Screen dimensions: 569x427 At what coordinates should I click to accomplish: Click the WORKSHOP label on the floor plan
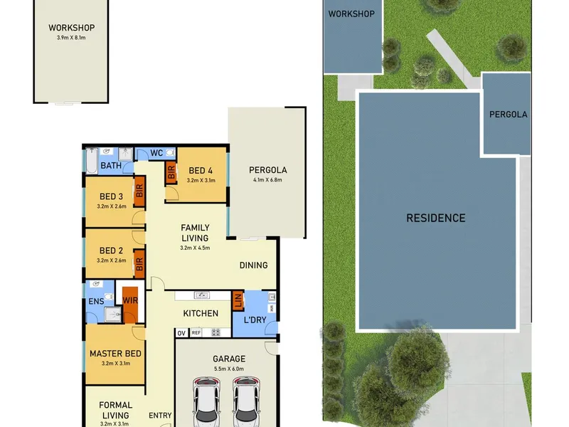72,28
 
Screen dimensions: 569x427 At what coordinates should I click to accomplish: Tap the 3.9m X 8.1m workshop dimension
71,38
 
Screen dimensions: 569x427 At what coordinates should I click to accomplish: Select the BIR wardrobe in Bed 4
171,172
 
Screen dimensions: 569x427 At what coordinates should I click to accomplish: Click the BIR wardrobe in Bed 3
139,191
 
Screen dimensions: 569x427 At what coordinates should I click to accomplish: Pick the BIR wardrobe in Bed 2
139,264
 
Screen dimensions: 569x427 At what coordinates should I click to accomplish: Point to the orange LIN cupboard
238,300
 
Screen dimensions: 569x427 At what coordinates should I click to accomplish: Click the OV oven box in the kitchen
181,333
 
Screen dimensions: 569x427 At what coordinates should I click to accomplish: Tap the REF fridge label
196,332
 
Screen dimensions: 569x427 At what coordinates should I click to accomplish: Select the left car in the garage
206,401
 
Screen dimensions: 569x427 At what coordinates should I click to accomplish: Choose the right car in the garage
246,401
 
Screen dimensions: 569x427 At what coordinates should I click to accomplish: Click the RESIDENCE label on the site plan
436,218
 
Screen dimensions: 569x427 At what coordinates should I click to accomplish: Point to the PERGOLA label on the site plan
508,115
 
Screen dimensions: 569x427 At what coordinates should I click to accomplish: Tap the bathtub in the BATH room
92,161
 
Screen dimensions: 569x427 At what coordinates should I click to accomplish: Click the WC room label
156,153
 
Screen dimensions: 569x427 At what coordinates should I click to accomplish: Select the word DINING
254,265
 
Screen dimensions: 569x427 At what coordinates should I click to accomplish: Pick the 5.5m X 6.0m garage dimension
229,369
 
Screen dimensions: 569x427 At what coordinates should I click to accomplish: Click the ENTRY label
160,416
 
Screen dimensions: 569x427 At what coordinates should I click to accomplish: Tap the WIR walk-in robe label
130,300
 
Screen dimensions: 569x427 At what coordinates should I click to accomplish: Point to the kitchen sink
202,295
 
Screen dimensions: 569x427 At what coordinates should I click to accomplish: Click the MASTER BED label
115,354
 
